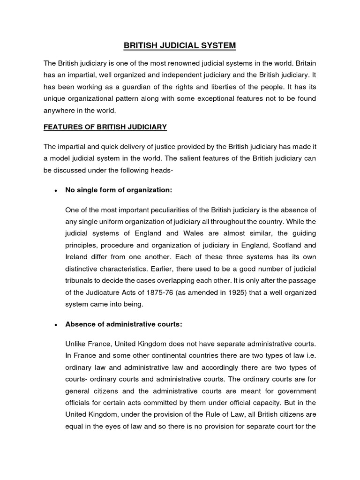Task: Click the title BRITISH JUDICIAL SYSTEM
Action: pos(180,45)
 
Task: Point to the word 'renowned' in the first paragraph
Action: pos(191,63)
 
